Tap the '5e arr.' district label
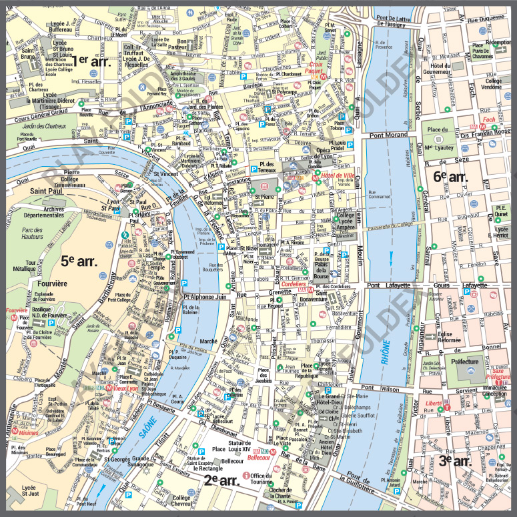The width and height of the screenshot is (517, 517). pyautogui.click(x=79, y=260)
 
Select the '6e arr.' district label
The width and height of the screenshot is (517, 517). pyautogui.click(x=450, y=177)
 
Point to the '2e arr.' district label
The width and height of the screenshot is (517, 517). pyautogui.click(x=221, y=479)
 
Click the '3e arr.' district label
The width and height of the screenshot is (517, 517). pyautogui.click(x=456, y=460)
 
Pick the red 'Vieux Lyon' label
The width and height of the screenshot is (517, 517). pyautogui.click(x=125, y=388)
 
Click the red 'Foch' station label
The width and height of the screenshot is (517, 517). pyautogui.click(x=488, y=120)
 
